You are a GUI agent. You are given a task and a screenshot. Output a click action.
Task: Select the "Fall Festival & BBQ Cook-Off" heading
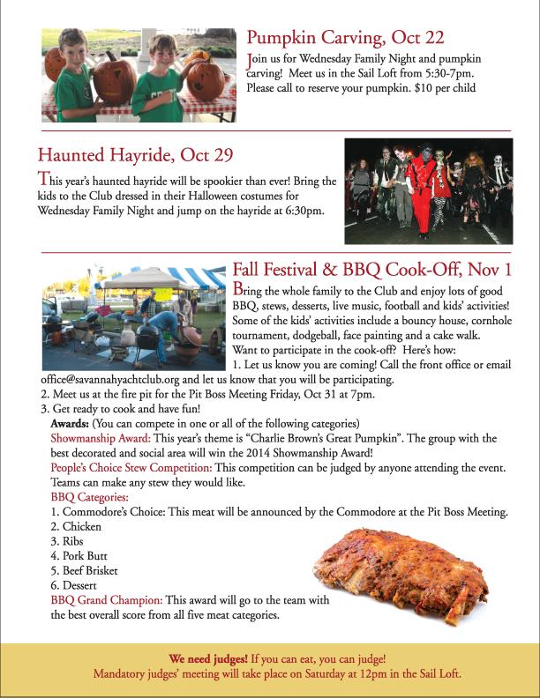pos(371,270)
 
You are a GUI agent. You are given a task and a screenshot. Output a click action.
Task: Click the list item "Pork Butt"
pos(87,556)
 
